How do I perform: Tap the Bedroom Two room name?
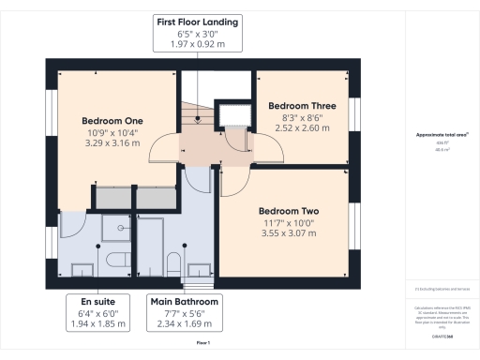[289, 211]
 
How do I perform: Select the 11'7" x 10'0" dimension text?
[289, 222]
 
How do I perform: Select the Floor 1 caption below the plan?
[202, 344]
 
